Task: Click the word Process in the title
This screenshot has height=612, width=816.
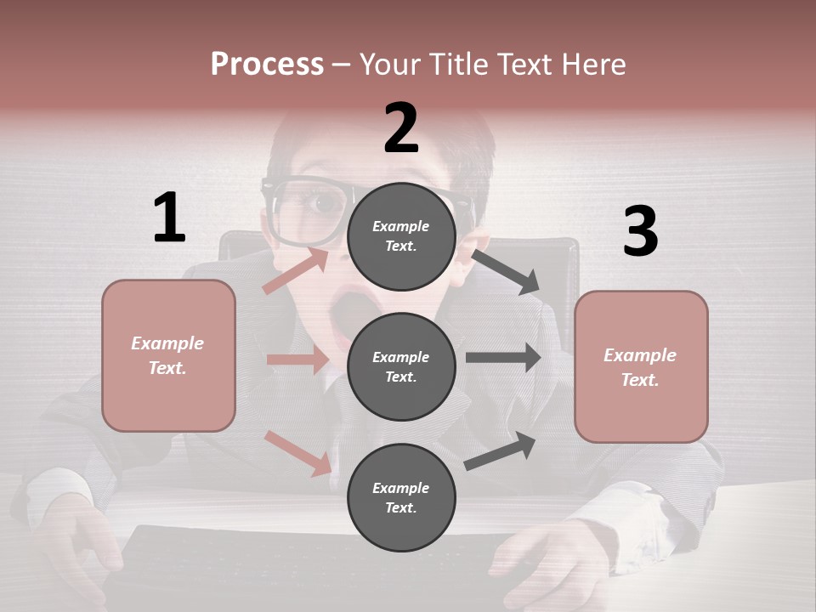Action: pos(267,65)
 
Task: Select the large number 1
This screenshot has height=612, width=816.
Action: pos(169,218)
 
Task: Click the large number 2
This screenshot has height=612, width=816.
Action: pos(401,128)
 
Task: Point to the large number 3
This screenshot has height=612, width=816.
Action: pos(640,232)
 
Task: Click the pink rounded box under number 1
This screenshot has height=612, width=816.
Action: pos(168,355)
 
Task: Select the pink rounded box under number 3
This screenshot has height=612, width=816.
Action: pos(641,367)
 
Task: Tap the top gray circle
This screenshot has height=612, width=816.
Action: pos(401,235)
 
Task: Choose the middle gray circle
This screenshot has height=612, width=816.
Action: pos(401,366)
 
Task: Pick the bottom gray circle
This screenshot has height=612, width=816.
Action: pos(401,497)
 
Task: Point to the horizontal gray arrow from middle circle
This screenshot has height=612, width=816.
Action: pos(503,358)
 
